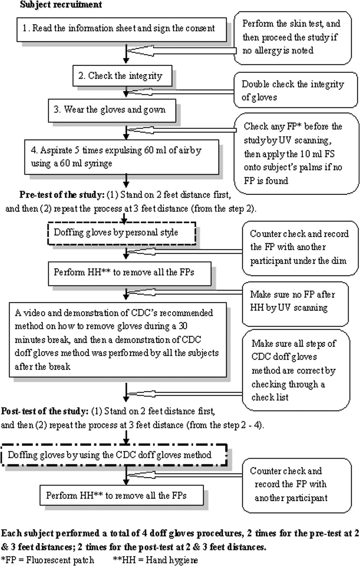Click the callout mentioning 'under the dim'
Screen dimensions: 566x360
[x=300, y=248]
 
